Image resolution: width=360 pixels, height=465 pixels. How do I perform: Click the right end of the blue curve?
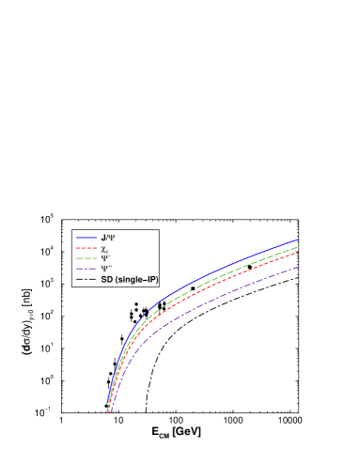(298, 239)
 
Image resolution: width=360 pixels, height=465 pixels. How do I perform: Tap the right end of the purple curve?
(298, 267)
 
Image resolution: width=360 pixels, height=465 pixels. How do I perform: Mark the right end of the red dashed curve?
(298, 252)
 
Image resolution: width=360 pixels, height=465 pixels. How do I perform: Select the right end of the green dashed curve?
(298, 245)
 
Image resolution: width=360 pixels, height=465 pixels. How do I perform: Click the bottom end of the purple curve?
(109, 412)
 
